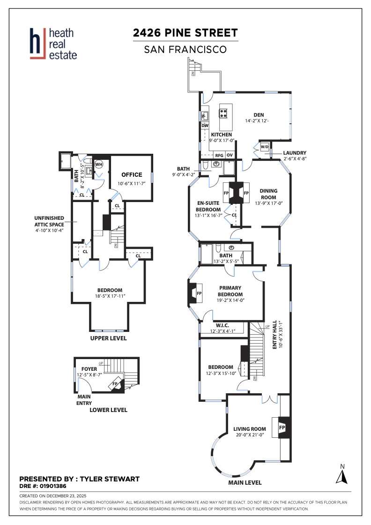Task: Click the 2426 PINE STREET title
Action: point(185,33)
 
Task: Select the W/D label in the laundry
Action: point(264,147)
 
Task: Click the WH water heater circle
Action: point(99,164)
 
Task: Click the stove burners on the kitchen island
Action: point(224,112)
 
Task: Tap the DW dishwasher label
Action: point(205,125)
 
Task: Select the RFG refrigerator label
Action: point(219,155)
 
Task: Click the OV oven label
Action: point(230,155)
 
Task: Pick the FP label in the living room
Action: point(282,428)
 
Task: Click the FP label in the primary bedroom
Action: point(199,293)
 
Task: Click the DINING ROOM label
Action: point(269,194)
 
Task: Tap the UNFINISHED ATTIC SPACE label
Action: point(52,221)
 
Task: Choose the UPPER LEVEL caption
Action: point(109,338)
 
